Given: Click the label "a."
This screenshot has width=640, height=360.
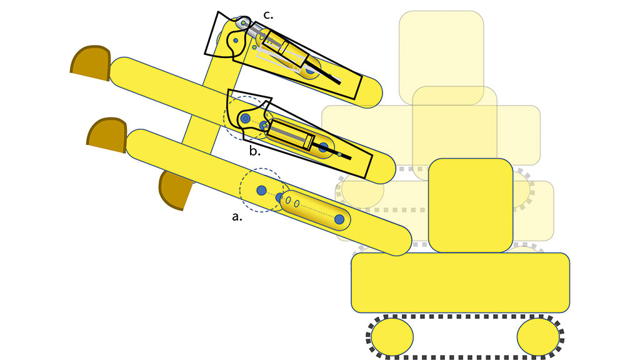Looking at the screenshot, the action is pos(237,217).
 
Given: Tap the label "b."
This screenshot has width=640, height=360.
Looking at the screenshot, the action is pos(255,151).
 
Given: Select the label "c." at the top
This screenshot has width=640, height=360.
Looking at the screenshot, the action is pos(268,15).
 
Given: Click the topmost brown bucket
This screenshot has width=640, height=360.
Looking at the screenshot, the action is pos(91,63).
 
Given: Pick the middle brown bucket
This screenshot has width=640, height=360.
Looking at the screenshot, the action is pos(107,135).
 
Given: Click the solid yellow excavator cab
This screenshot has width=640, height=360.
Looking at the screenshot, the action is pos(471,205).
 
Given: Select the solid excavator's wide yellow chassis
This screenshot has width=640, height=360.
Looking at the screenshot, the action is pos(461,282).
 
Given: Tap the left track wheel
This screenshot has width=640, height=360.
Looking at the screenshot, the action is pos(392,337).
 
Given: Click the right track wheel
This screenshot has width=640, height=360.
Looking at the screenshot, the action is pos(538,337).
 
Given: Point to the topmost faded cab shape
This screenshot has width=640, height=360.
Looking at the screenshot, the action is pos(441,57).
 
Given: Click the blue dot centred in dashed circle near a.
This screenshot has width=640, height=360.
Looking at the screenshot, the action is pos(262,190).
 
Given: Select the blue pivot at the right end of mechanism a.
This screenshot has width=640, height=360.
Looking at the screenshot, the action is pos(339,219).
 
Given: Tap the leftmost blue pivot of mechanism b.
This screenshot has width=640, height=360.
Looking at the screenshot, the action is pos(245,118).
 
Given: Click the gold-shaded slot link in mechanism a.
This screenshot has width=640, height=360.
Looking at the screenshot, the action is pos(315,210).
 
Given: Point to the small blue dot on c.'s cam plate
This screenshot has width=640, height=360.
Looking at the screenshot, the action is pos(236,41).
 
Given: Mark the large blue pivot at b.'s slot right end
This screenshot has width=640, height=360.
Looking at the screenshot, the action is pos(323,147).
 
